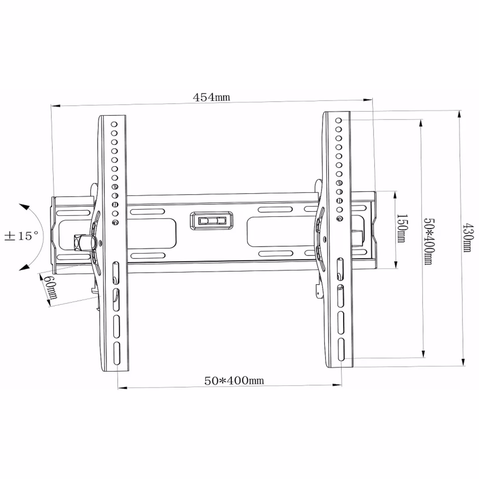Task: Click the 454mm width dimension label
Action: pyautogui.click(x=211, y=97)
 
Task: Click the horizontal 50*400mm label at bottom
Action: pyautogui.click(x=234, y=380)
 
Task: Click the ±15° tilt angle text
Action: pyautogui.click(x=22, y=236)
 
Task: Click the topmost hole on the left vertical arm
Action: pyautogui.click(x=114, y=124)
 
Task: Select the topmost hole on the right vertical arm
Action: pyautogui.click(x=339, y=120)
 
